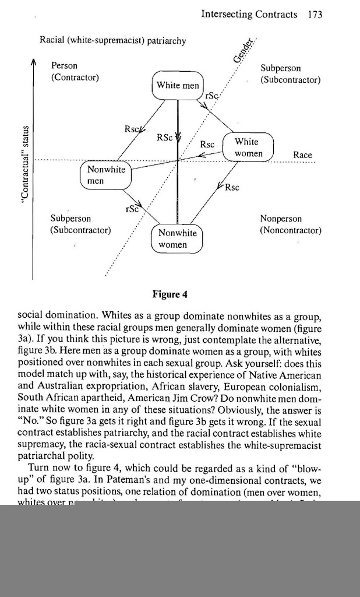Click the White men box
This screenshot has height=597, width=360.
[x=177, y=86]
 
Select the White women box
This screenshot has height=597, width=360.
[x=248, y=148]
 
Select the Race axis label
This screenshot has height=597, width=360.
[x=302, y=155]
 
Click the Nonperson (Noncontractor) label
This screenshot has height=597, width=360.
[x=290, y=224]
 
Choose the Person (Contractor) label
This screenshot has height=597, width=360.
[x=75, y=71]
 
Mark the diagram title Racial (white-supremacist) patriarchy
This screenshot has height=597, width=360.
[x=113, y=41]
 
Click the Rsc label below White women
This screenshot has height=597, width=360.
[x=232, y=188]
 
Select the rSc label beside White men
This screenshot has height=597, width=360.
[x=210, y=95]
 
